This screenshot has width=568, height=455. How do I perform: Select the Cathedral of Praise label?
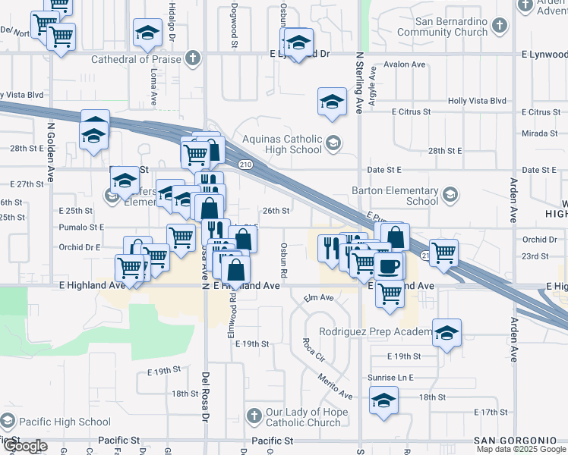137,59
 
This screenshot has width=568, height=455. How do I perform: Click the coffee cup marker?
390,266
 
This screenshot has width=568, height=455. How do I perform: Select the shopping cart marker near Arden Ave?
444,252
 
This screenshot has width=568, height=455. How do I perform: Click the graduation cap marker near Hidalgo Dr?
147,32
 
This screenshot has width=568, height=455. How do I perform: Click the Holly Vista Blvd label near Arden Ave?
477,100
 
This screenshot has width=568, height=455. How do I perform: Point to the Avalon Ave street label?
405,64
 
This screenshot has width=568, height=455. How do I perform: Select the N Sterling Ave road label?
359,83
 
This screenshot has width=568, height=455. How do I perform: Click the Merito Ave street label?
335,387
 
